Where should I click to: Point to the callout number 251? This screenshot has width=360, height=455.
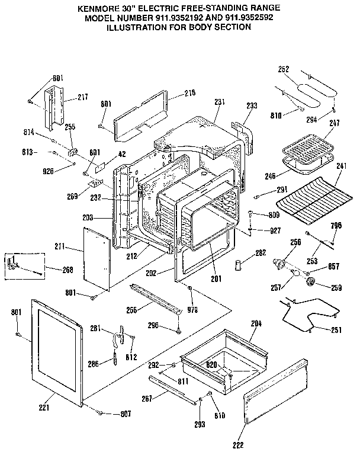click(x=335, y=329)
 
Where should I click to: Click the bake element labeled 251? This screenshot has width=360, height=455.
click(x=306, y=313)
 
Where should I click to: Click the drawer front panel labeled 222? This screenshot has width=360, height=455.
click(x=275, y=391)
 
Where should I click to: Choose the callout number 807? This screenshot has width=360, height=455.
click(x=126, y=413)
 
